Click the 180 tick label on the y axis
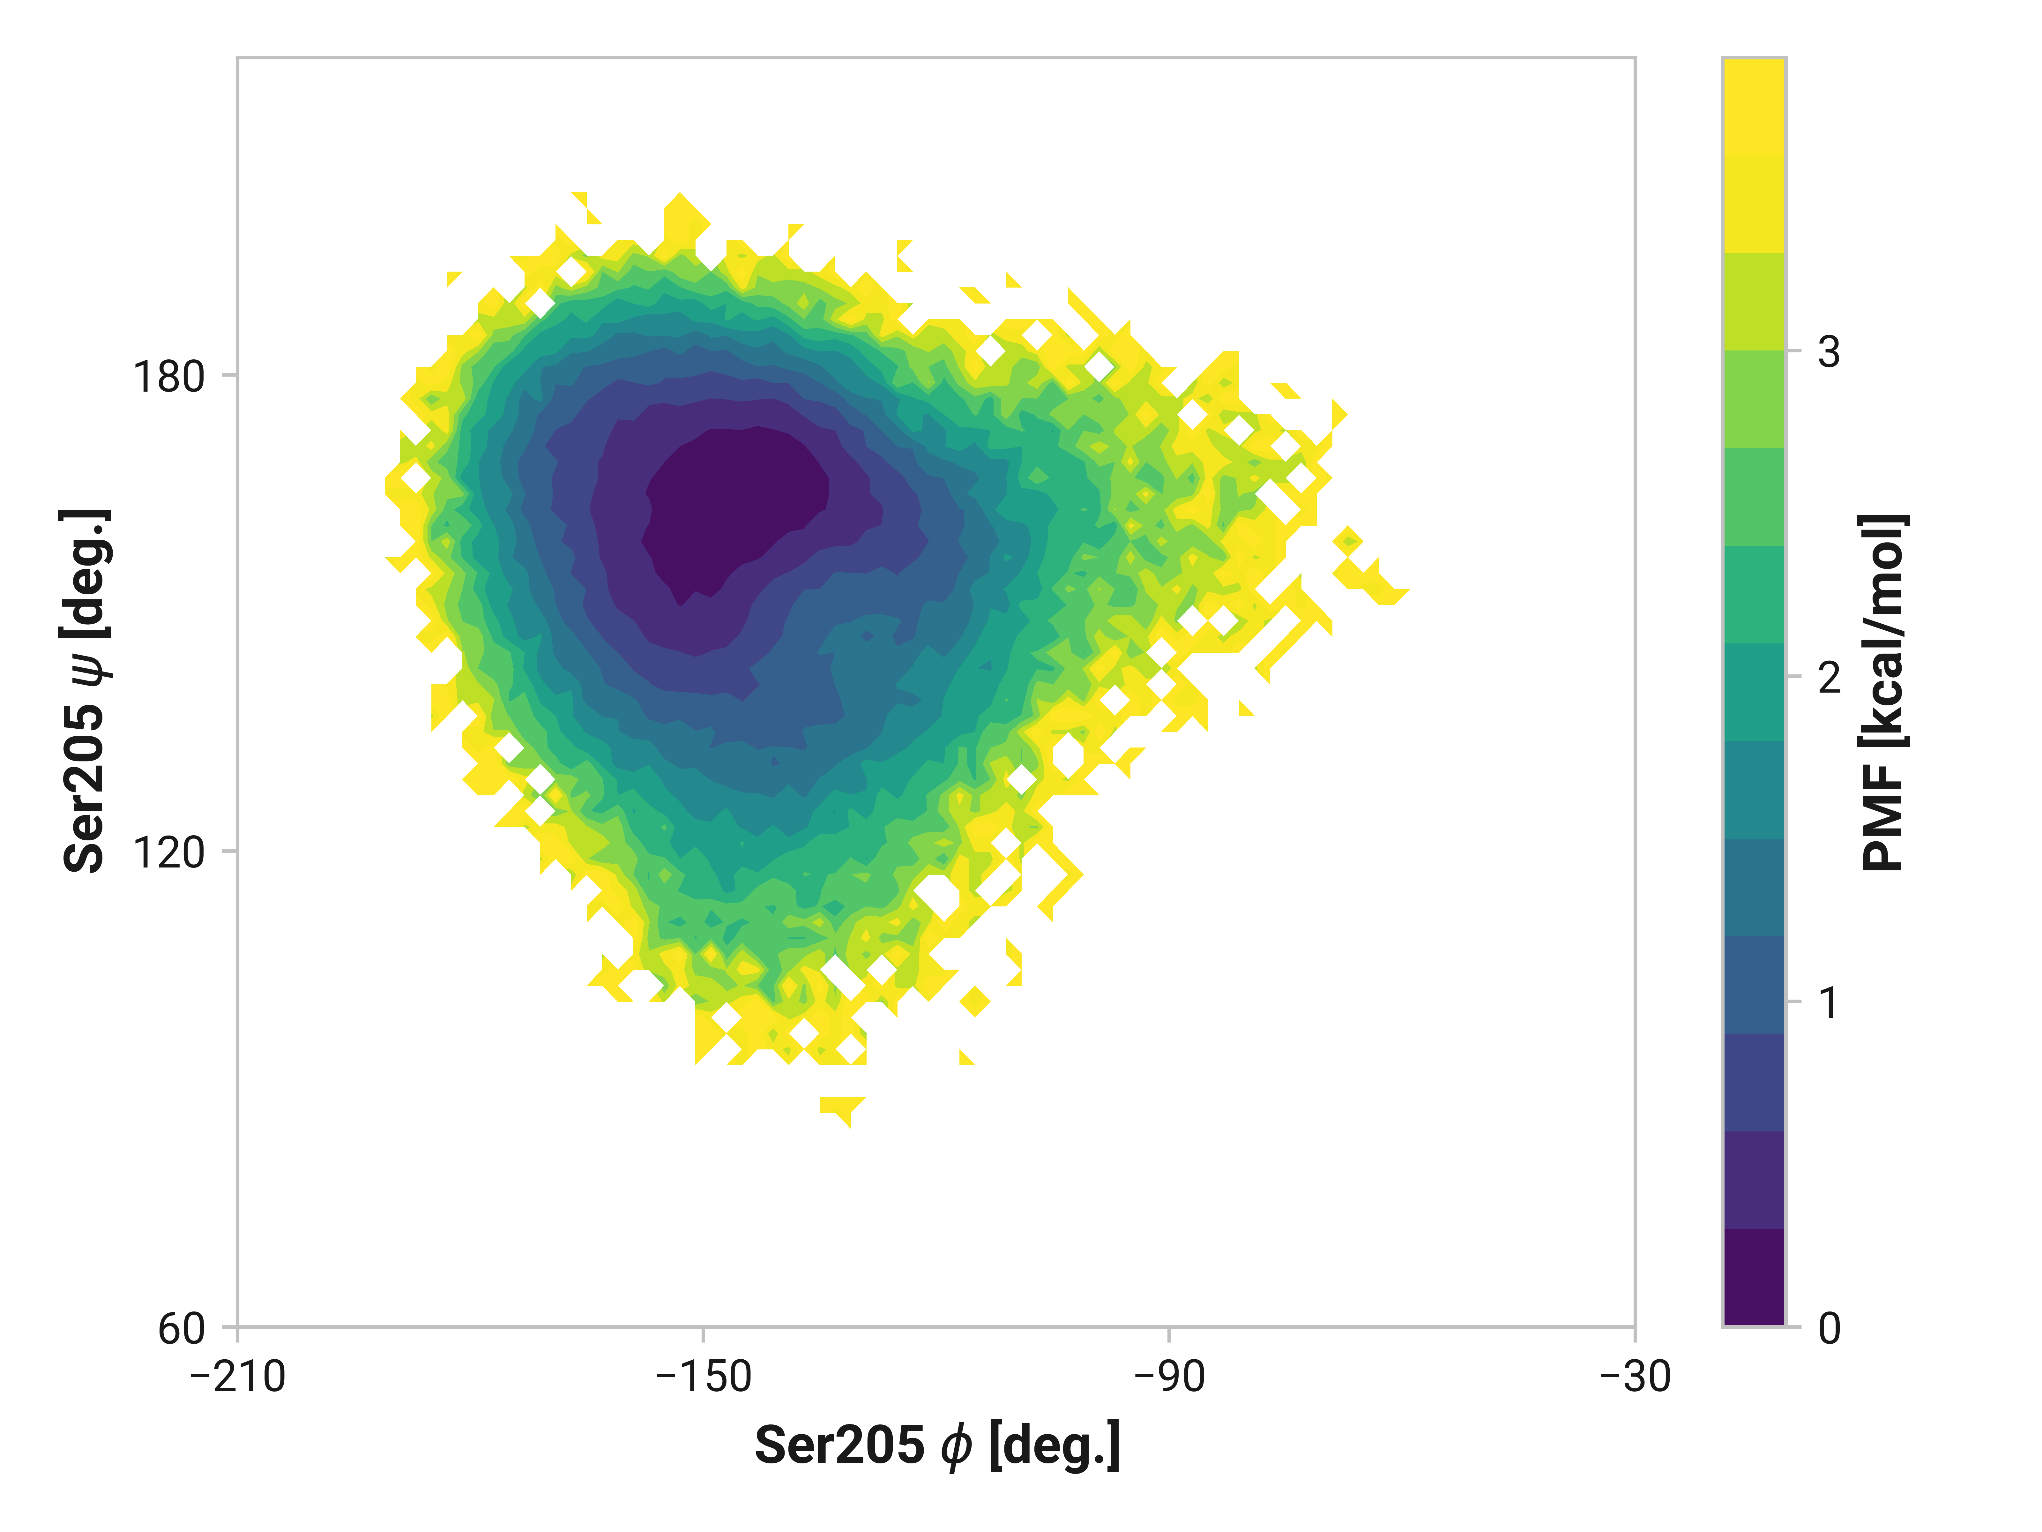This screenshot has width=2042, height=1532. [x=168, y=377]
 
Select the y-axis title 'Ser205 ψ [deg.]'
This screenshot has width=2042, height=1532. [x=86, y=691]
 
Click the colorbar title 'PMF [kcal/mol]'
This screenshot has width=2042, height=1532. [x=1883, y=693]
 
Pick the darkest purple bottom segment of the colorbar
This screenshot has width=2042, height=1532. [x=1754, y=1277]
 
